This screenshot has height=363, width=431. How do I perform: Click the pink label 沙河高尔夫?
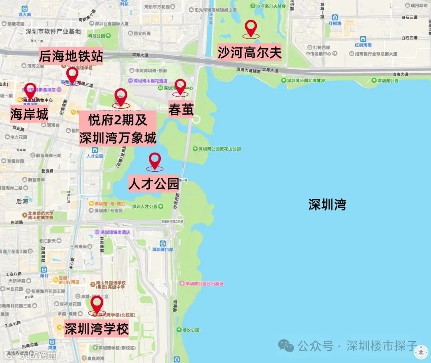pos(249,52)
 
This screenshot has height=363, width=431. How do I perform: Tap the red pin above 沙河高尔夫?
pos(251,28)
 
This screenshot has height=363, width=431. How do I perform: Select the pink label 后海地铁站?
pos(71,56)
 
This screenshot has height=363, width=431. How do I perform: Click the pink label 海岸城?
pos(29,115)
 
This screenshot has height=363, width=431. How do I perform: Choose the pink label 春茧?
pos(181,109)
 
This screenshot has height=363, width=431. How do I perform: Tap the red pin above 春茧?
pos(180,86)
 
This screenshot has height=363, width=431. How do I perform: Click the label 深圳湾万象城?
pos(117,138)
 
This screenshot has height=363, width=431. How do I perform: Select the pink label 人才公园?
pos(153,184)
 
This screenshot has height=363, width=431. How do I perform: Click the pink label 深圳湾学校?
pos(97,329)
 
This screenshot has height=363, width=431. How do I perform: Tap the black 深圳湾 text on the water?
pos(327,205)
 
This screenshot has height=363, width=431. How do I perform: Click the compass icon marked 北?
pos(421,352)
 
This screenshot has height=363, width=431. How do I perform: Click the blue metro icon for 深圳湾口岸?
pos(162,243)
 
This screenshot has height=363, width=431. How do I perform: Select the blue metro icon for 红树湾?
pos(334,18)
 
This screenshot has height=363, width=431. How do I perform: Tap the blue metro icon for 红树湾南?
pos(363,39)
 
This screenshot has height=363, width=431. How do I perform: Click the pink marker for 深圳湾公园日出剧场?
pos(182,284)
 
